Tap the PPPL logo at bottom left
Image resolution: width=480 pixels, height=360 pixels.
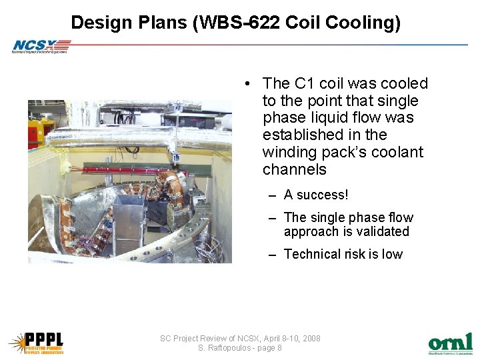[36, 342]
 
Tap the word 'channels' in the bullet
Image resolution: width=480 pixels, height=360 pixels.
[294, 169]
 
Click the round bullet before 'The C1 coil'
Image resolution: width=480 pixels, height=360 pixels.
[247, 84]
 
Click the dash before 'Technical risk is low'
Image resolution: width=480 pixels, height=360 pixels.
[273, 254]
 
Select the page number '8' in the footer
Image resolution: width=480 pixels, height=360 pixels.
[279, 348]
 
